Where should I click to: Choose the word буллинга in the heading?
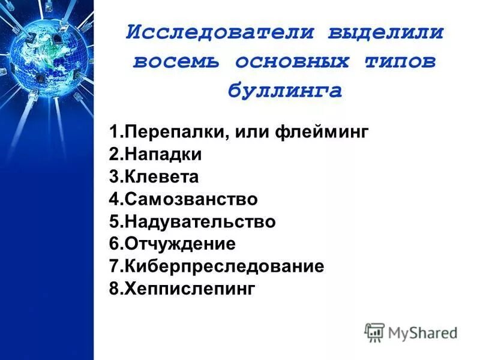285,91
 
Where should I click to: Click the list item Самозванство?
183,199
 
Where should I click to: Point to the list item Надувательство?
192,222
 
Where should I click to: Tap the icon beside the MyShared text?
374,332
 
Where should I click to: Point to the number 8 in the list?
113,289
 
